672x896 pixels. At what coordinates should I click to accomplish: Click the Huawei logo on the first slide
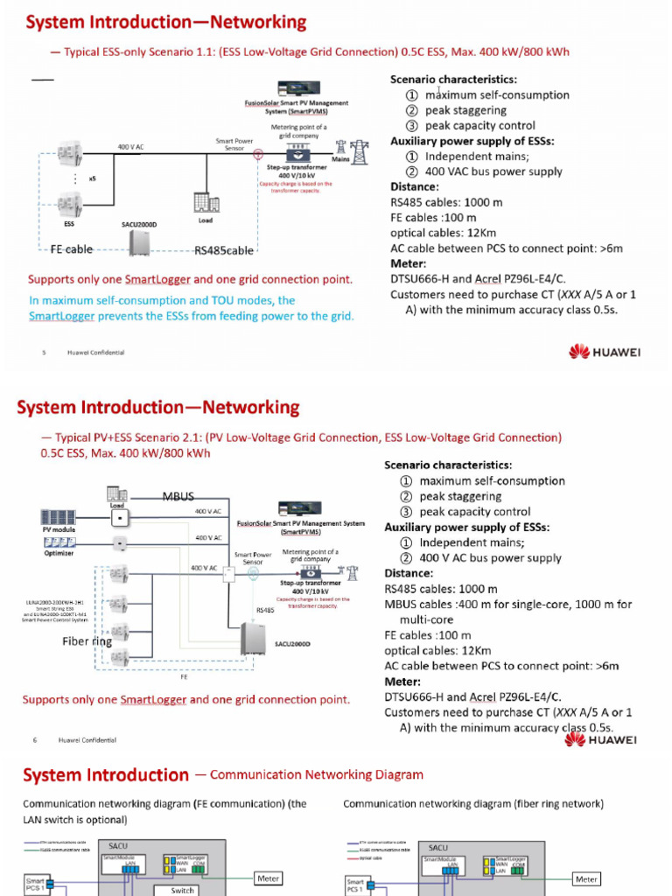pos(604,352)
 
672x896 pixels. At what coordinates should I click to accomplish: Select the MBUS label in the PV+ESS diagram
pos(178,497)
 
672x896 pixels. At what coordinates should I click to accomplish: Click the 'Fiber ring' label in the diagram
pos(87,641)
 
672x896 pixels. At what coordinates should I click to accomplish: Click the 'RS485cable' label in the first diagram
pos(224,250)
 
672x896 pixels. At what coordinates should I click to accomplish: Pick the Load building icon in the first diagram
pos(206,203)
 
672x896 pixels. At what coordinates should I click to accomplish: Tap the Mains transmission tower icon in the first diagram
pos(359,147)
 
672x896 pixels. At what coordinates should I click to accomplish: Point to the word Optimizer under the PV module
pos(59,553)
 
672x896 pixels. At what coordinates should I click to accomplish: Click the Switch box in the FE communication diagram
pos(182,891)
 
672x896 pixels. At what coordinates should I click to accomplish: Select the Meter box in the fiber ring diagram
pos(586,878)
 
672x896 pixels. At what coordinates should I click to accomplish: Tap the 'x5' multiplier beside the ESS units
pos(92,178)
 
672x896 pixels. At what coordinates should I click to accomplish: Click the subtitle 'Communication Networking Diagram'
pos(316,774)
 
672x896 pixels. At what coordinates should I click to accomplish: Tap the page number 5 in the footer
pos(43,353)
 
